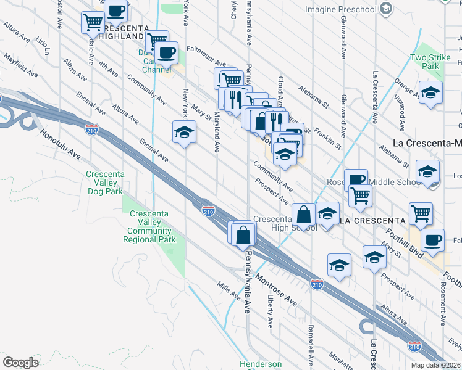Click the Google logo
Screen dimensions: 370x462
tap(20, 363)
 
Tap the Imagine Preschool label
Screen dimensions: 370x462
tap(340, 9)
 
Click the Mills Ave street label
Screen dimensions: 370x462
tap(228, 290)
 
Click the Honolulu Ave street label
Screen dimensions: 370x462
tap(61, 143)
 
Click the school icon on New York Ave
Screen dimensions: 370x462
tap(185, 133)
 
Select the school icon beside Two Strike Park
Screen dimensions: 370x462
tap(431, 93)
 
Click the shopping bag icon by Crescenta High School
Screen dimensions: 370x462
tap(304, 215)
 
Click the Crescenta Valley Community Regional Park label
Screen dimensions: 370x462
tap(151, 227)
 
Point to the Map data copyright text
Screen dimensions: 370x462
tap(436, 364)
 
